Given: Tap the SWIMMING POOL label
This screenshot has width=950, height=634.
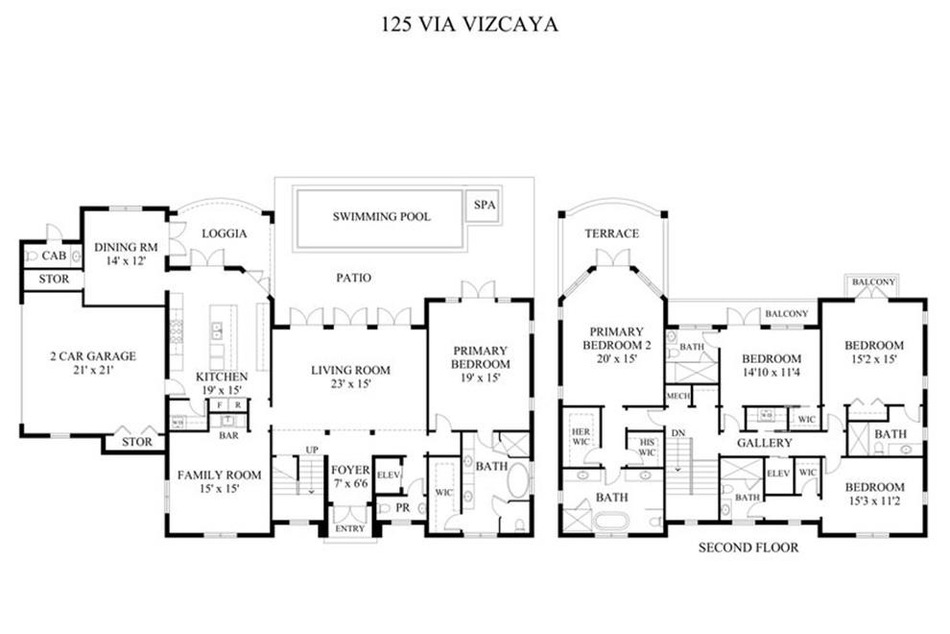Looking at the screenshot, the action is click(382, 217).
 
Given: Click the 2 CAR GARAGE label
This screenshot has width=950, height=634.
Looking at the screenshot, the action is click(93, 356).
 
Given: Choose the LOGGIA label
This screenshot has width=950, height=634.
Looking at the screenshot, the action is click(225, 233).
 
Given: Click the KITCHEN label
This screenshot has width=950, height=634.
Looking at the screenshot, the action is click(222, 377).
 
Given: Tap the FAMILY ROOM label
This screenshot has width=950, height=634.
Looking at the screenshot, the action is click(219, 475).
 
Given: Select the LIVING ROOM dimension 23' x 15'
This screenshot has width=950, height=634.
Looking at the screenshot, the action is click(348, 383).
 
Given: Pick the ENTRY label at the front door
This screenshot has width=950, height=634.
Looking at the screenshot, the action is click(348, 528).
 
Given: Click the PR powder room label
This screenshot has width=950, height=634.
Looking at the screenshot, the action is click(403, 506).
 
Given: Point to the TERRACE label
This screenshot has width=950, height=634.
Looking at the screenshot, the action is click(611, 233).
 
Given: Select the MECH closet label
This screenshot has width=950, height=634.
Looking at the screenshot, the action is click(678, 396).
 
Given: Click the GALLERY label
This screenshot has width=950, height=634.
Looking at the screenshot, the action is click(765, 443).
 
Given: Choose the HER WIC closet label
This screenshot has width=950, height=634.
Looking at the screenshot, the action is click(580, 435).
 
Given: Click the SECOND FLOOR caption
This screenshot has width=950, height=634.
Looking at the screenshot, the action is click(748, 549).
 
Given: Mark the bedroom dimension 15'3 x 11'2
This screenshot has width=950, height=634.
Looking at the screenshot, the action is click(874, 501).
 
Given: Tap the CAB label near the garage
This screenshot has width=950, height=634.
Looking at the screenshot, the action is click(54, 256).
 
